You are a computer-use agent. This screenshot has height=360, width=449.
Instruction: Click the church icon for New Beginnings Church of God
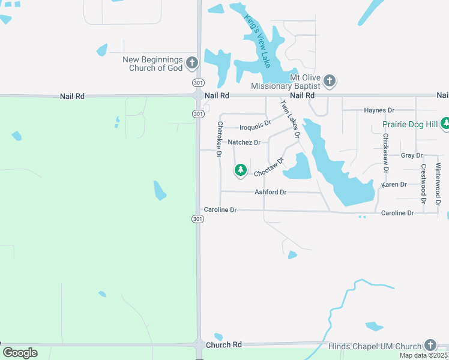192,62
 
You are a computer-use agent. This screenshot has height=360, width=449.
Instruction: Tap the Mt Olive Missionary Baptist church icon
330,80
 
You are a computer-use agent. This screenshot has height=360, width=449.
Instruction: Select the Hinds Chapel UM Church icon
430,345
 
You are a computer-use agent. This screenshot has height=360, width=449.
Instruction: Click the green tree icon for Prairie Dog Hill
445,124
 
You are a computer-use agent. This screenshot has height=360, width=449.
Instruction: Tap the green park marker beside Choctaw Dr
241,171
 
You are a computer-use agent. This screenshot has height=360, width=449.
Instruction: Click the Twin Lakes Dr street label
289,119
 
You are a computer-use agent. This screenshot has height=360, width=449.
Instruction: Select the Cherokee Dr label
220,140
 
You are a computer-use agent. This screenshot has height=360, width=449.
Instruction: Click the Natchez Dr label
244,142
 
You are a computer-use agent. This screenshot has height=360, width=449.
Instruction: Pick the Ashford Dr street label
270,192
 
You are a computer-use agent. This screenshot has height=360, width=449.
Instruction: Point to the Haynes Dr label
379,110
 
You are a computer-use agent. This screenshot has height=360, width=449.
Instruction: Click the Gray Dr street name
411,155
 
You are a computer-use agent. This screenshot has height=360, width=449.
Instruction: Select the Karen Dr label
394,185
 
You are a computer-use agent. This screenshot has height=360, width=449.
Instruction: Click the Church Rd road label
223,345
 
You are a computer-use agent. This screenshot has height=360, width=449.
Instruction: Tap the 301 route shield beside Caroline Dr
198,219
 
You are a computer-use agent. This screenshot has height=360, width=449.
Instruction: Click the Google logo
20,352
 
